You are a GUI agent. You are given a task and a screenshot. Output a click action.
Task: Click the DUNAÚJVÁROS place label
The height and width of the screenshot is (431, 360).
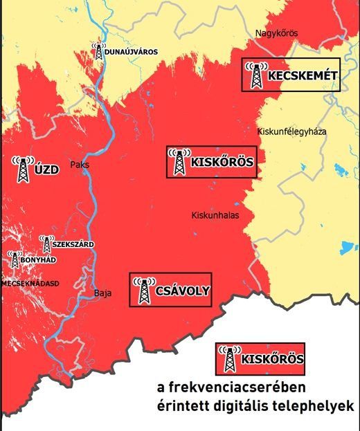132,52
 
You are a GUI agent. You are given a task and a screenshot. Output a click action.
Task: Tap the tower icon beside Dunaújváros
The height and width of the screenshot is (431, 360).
99,51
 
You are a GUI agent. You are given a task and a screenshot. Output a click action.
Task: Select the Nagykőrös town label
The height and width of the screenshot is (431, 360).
276,32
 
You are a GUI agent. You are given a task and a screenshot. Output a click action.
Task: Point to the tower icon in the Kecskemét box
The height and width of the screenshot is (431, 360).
256,75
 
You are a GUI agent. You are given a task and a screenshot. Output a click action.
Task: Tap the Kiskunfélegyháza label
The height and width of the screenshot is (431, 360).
291,131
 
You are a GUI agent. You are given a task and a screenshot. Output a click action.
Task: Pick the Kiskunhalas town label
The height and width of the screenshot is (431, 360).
215,215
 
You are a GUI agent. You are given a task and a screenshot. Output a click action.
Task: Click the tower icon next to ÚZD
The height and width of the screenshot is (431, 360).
24,168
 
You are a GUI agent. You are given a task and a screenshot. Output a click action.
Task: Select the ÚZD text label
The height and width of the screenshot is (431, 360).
46,164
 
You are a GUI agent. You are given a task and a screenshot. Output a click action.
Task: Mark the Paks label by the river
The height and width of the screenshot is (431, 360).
80,165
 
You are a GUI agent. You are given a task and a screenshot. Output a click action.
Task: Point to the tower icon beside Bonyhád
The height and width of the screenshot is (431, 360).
15,259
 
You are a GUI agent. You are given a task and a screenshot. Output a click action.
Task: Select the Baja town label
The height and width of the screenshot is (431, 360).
102,293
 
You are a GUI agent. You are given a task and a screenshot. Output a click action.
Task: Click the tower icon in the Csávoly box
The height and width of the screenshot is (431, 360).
144,290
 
